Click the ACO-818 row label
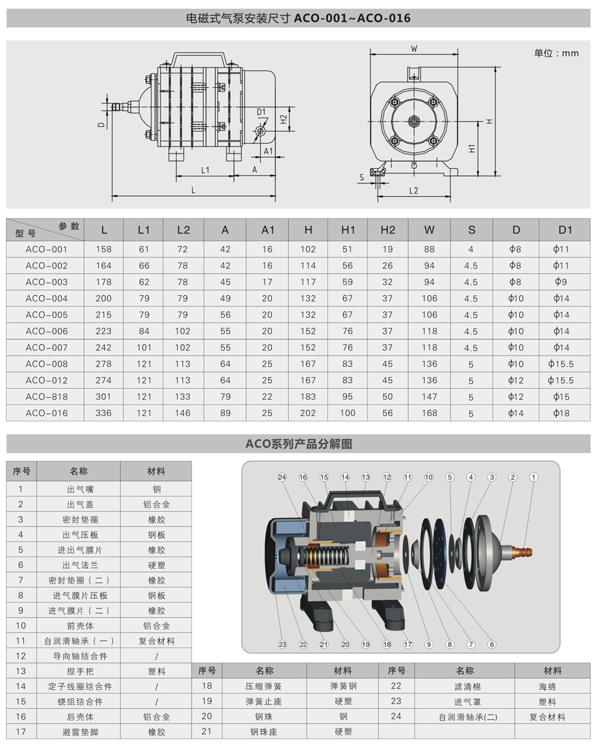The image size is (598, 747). point(46,397)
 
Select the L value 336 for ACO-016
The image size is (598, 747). point(104,413)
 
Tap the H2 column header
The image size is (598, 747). point(387,229)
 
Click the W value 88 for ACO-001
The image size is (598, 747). point(429,249)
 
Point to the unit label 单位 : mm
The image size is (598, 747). point(556,53)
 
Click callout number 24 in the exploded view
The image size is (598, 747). point(282,477)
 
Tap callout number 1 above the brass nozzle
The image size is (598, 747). point(534,477)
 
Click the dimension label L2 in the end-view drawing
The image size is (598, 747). point(414,190)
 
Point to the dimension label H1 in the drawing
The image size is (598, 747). point(473,148)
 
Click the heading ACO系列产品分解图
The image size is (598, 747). point(298,444)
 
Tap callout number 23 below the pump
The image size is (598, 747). point(282,644)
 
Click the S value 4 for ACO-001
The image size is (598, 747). point(471,249)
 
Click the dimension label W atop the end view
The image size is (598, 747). point(413,48)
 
